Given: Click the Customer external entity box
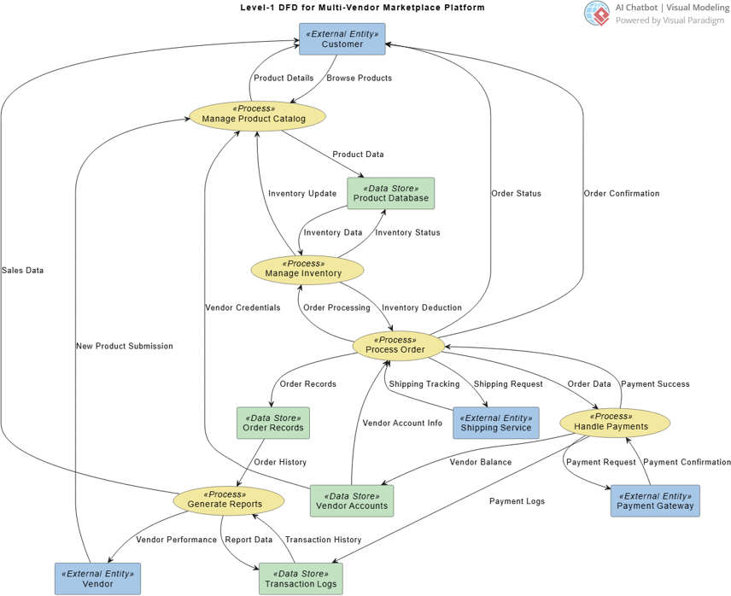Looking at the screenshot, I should pyautogui.click(x=342, y=39).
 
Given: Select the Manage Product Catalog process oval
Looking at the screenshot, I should pyautogui.click(x=247, y=114).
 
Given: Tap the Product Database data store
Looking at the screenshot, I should pyautogui.click(x=390, y=193).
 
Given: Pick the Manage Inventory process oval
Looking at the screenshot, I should pyautogui.click(x=307, y=269).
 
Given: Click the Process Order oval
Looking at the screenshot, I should pyautogui.click(x=399, y=345).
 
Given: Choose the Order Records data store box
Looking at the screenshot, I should pyautogui.click(x=272, y=423).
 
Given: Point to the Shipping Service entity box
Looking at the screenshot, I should pyautogui.click(x=495, y=423).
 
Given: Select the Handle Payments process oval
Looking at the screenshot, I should pyautogui.click(x=615, y=422).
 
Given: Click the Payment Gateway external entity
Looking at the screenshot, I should pyautogui.click(x=654, y=500).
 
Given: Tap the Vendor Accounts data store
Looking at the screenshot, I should pyautogui.click(x=352, y=500).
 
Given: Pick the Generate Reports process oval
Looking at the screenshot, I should pyautogui.click(x=230, y=500).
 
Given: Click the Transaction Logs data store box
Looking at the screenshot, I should pyautogui.click(x=301, y=578).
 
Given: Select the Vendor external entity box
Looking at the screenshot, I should pyautogui.click(x=97, y=578).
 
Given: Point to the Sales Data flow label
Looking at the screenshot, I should pyautogui.click(x=22, y=270).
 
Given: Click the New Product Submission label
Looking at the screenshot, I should pyautogui.click(x=124, y=346).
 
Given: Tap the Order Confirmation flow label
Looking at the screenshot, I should pyautogui.click(x=621, y=193).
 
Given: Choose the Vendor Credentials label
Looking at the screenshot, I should pyautogui.click(x=243, y=307).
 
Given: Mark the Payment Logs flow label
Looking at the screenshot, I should pyautogui.click(x=517, y=501).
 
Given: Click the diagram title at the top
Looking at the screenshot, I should pyautogui.click(x=363, y=8).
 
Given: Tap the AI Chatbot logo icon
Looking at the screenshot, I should pyautogui.click(x=597, y=13).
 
